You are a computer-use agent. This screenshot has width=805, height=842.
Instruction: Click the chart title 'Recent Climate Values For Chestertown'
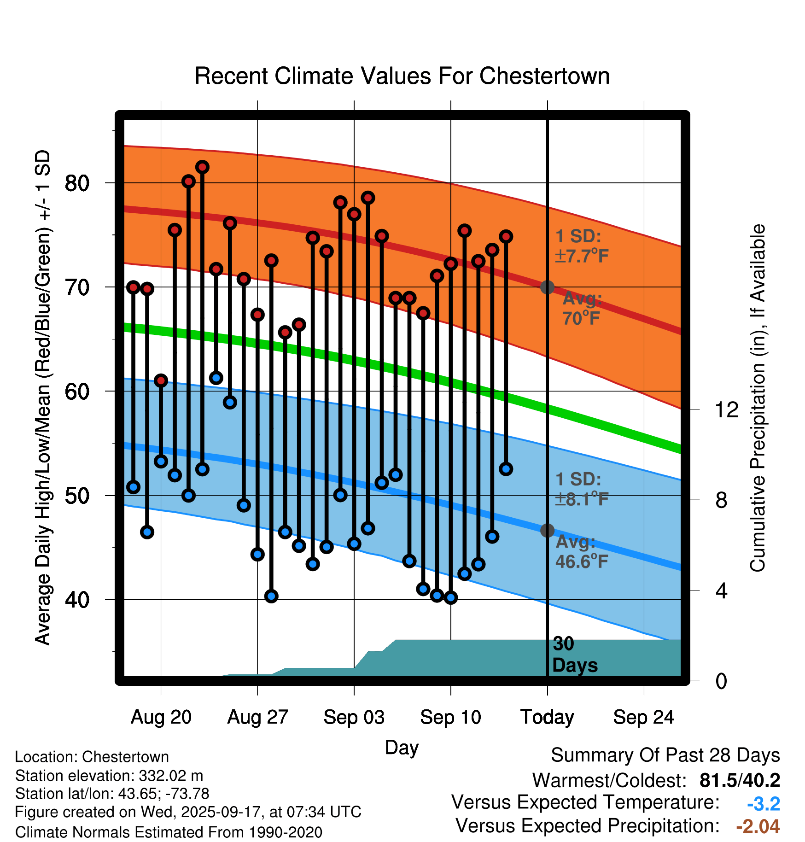[x=402, y=76]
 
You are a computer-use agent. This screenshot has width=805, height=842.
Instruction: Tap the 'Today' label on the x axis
[x=547, y=717]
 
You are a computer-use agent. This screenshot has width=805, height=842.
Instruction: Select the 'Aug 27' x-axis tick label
[x=257, y=717]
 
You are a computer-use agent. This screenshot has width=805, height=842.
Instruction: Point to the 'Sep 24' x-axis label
[x=643, y=717]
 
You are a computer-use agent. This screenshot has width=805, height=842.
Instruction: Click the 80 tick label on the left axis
[x=77, y=183]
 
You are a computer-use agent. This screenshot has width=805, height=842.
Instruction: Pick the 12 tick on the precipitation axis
[x=727, y=409]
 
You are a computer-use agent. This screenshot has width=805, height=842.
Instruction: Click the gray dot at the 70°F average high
[x=547, y=287]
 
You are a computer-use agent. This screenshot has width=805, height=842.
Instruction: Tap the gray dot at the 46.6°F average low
[x=547, y=531]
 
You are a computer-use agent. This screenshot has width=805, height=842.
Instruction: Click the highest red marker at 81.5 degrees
[x=202, y=167]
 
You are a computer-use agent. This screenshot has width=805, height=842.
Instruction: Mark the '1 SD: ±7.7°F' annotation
[x=582, y=246]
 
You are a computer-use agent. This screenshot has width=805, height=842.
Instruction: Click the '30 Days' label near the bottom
[x=574, y=655]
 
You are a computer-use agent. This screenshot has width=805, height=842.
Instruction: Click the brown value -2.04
[x=758, y=826]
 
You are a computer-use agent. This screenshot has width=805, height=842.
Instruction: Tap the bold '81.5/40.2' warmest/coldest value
[x=740, y=780]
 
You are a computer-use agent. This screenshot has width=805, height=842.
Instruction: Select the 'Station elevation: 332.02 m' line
[x=109, y=776]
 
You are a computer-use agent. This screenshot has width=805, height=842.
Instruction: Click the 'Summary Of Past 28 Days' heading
[x=665, y=755]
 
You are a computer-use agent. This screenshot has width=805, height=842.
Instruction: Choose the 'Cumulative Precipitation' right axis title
[x=758, y=398]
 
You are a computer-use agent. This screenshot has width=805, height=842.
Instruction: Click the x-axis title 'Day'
[x=402, y=747]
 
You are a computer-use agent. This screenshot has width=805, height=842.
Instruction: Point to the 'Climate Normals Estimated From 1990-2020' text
[x=169, y=832]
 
